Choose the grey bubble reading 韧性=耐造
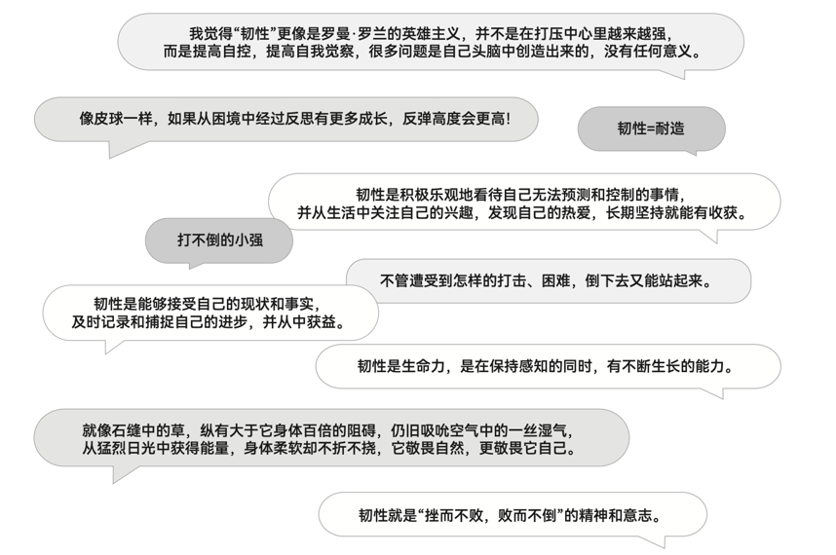click(x=651, y=129)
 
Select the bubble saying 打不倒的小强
click(x=219, y=240)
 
